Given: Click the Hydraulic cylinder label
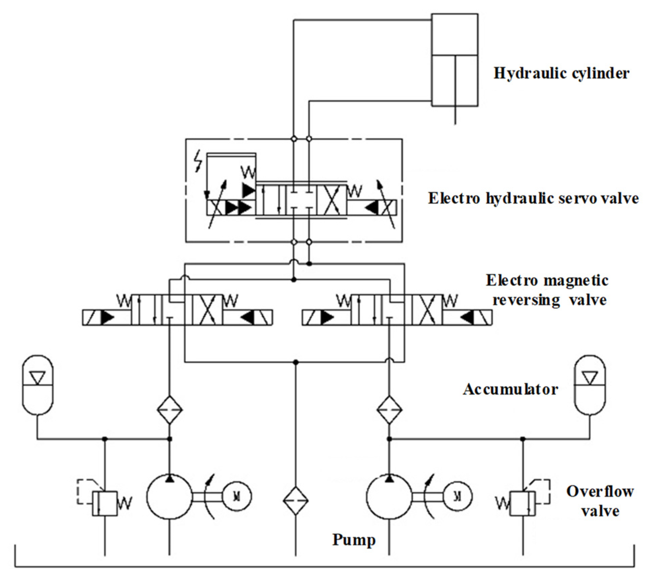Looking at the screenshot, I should (x=561, y=73).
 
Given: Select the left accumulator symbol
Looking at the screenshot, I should (x=38, y=385).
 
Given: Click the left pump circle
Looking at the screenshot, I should (x=169, y=497).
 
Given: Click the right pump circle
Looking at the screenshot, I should (x=389, y=497).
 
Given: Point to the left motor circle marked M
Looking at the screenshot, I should (x=237, y=496).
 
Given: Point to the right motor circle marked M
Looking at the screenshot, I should (x=457, y=496).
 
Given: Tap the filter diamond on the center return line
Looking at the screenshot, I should (x=296, y=501).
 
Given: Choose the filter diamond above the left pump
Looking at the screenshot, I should (x=170, y=410).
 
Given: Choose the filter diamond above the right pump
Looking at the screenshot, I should (x=389, y=410).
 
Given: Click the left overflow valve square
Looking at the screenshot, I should (x=105, y=503).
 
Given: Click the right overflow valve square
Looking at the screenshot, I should (x=523, y=503).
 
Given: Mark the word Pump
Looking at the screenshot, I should (x=354, y=540).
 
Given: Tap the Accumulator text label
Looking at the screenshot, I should (x=510, y=389).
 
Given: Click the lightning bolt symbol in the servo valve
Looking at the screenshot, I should (x=199, y=162).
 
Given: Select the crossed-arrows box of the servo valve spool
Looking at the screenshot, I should (x=332, y=200).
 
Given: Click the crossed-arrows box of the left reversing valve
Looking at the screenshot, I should (x=207, y=310).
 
